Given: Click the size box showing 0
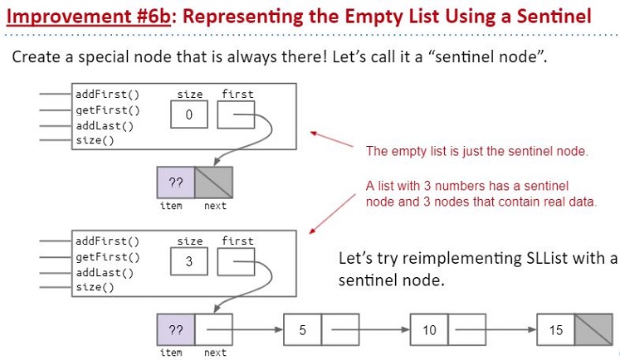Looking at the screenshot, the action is [x=189, y=114].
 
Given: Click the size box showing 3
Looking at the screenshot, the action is [x=189, y=261].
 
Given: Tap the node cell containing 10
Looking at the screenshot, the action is [x=429, y=329].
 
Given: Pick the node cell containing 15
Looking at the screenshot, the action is [x=555, y=329].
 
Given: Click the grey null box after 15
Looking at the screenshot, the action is [x=593, y=329].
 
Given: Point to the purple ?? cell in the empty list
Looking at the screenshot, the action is [x=176, y=182].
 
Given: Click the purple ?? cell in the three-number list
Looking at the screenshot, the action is [x=176, y=329].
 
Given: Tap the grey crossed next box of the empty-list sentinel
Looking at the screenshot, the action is [x=213, y=182].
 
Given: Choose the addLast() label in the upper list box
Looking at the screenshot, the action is [x=105, y=126].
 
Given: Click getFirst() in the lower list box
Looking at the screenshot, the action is [x=108, y=257].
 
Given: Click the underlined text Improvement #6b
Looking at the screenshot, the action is [x=89, y=17].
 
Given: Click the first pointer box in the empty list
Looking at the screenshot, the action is [x=236, y=114].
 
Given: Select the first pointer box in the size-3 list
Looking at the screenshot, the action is [x=236, y=261].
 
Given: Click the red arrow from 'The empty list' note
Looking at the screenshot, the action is [x=331, y=139].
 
